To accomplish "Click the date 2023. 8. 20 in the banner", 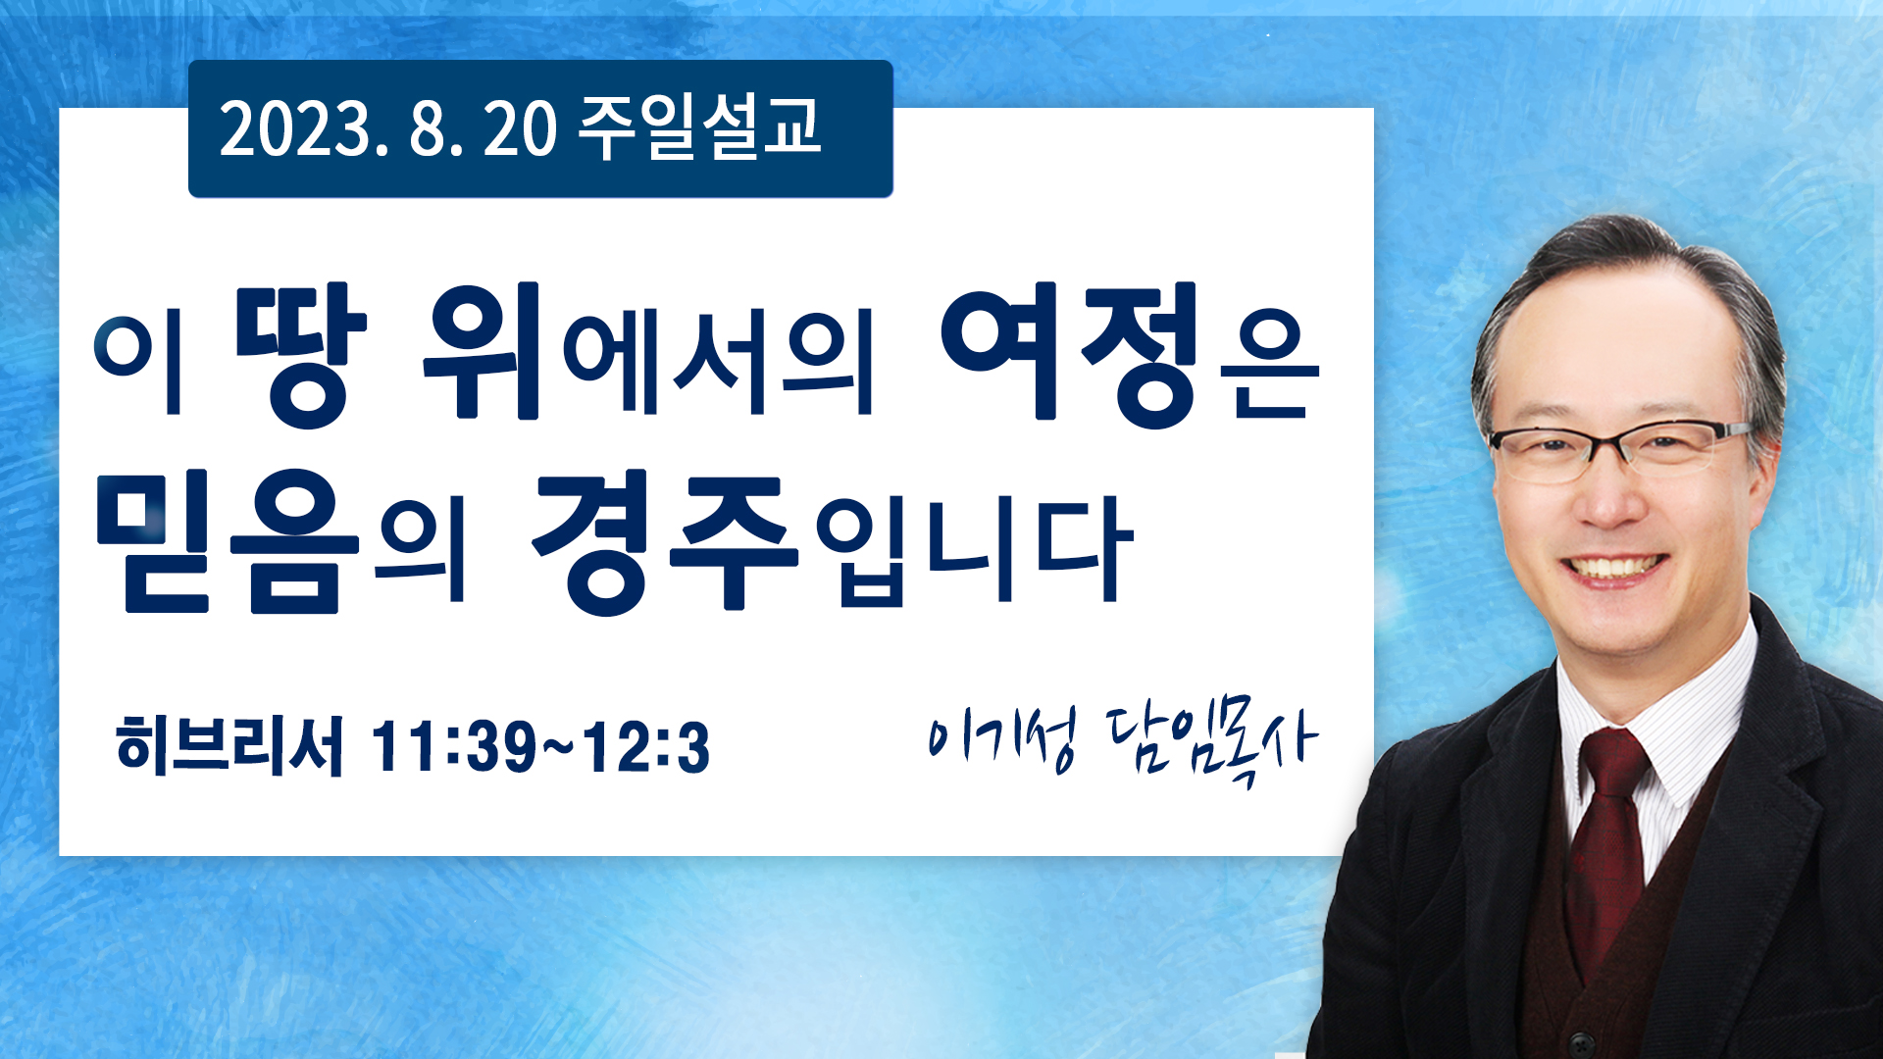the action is point(388,129).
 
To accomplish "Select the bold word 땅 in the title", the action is point(301,355).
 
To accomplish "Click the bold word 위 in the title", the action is point(482,350).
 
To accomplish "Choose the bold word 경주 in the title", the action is point(665,543).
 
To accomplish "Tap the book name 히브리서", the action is point(229,746).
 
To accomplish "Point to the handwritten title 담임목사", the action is point(1212,746).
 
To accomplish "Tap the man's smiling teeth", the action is point(1615,568).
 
